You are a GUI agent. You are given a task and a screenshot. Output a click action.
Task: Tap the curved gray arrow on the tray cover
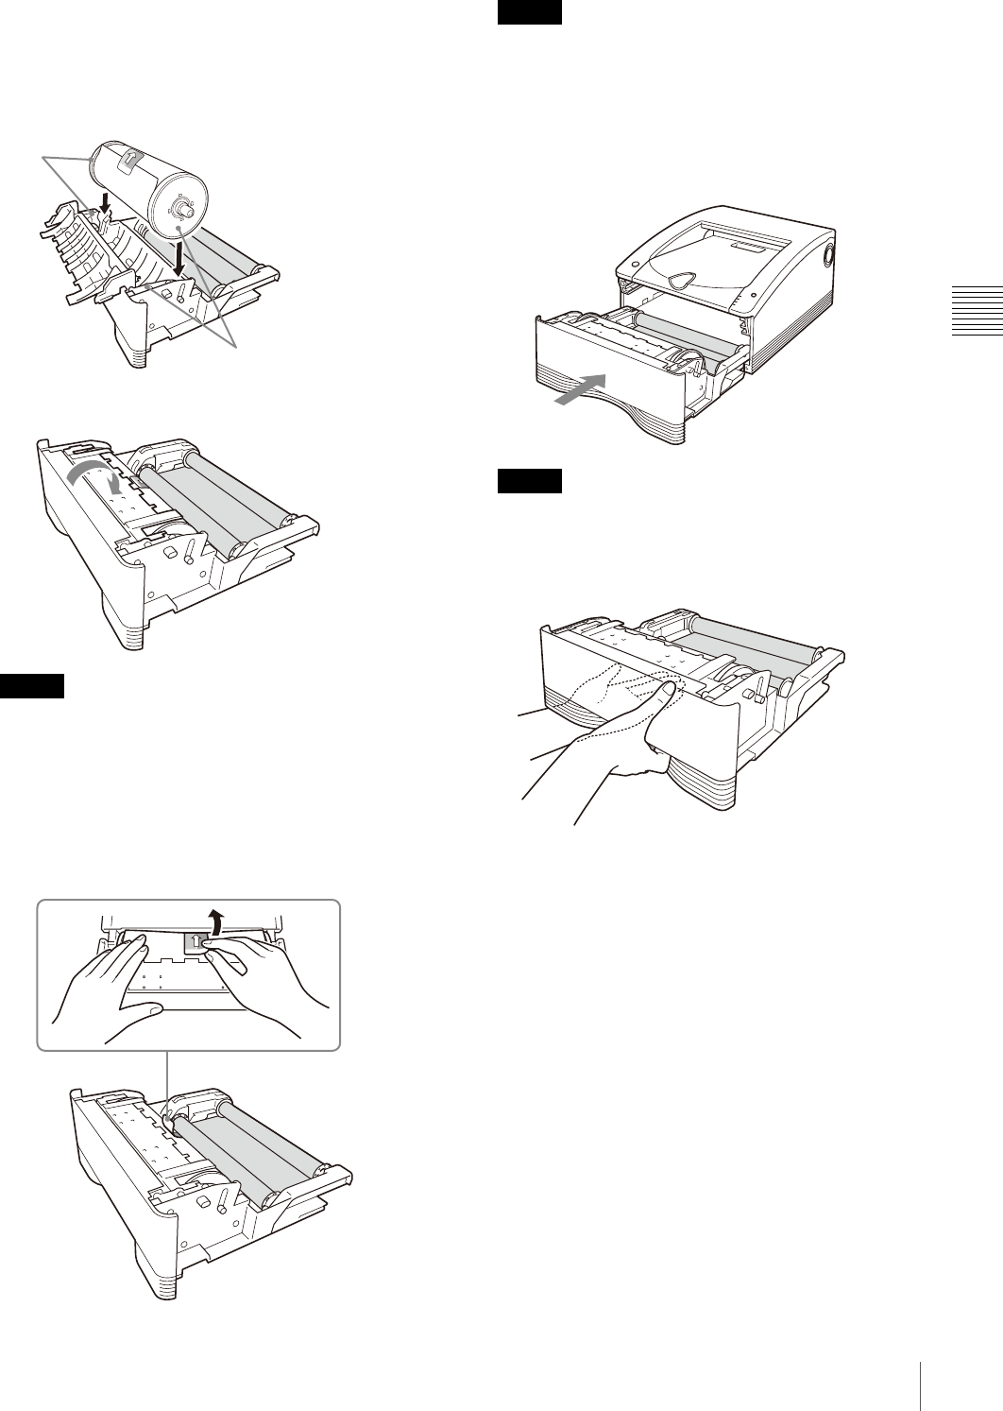click(100, 474)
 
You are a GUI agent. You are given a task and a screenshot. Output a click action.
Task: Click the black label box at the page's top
click(530, 12)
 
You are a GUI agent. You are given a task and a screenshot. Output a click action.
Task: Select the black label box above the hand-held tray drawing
click(530, 481)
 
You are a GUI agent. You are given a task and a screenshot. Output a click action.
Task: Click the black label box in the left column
click(32, 685)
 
